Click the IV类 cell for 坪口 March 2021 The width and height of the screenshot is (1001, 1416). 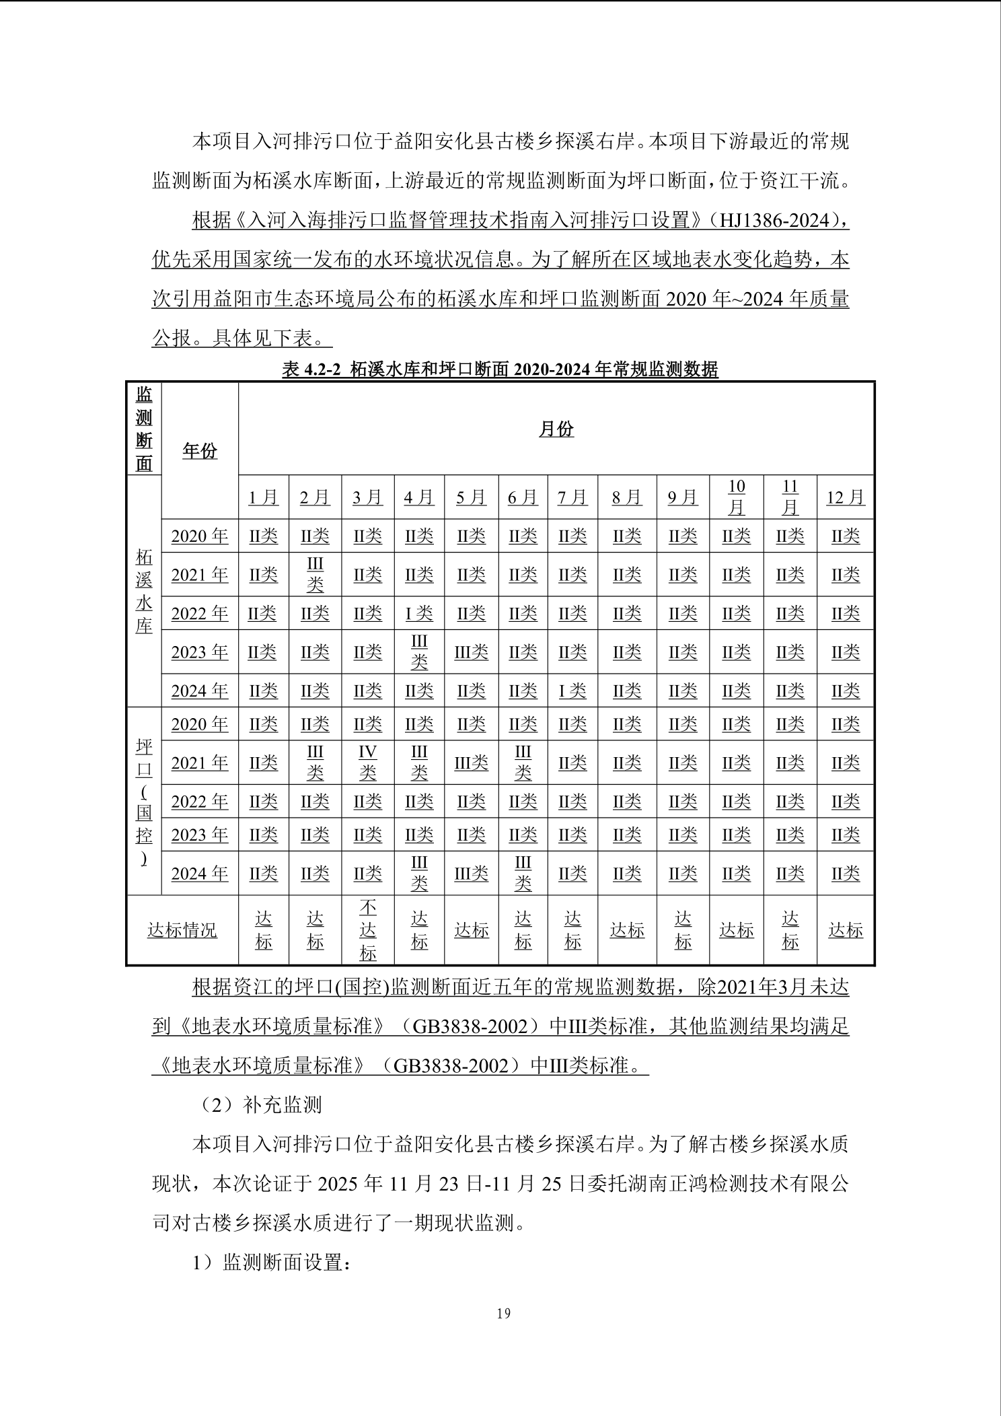pyautogui.click(x=367, y=763)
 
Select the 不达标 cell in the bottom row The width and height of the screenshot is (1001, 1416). pyautogui.click(x=367, y=930)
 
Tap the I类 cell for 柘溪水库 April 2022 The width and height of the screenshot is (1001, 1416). pyautogui.click(x=419, y=613)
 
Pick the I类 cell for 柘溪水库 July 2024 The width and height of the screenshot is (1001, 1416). pyautogui.click(x=572, y=691)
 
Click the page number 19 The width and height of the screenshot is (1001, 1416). pyautogui.click(x=503, y=1313)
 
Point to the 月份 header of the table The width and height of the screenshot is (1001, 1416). pyautogui.click(x=556, y=429)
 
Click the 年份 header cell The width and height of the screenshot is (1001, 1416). pyautogui.click(x=200, y=451)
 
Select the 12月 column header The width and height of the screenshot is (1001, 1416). pyautogui.click(x=845, y=497)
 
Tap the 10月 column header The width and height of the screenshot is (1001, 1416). pyautogui.click(x=737, y=497)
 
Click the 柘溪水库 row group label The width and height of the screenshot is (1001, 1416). pyautogui.click(x=144, y=592)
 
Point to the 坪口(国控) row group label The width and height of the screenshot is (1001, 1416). pyautogui.click(x=144, y=802)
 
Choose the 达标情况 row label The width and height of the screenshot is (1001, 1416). pyautogui.click(x=182, y=930)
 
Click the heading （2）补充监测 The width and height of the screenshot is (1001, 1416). pyautogui.click(x=257, y=1104)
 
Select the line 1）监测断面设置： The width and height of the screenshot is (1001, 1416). pyautogui.click(x=272, y=1262)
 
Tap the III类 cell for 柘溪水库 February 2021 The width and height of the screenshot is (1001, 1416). pyautogui.click(x=315, y=575)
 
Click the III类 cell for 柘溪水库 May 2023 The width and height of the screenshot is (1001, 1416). pyautogui.click(x=471, y=652)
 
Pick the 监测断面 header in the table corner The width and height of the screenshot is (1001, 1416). pyautogui.click(x=144, y=429)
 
